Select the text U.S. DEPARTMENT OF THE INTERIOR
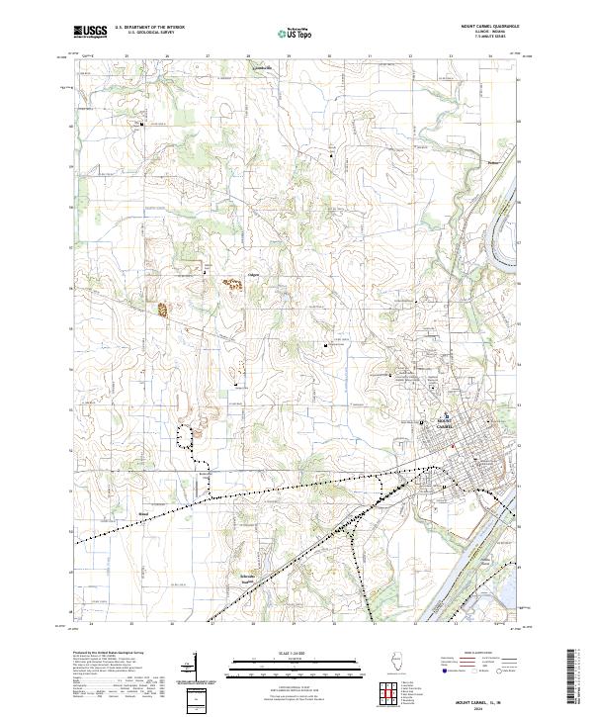pyautogui.click(x=147, y=28)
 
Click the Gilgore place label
pyautogui.click(x=253, y=274)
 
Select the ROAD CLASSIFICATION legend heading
pyautogui.click(x=476, y=655)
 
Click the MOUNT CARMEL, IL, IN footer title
pyautogui.click(x=477, y=700)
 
